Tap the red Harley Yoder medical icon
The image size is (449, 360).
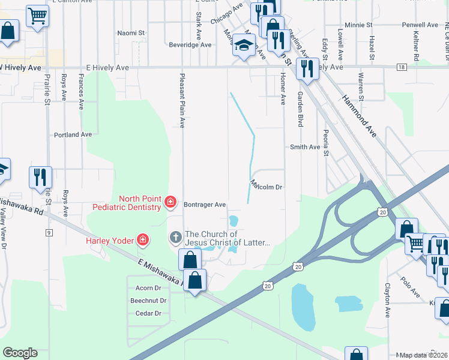[x=143, y=241]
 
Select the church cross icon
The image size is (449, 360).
[x=176, y=238]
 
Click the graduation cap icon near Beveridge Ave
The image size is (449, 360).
[x=244, y=46]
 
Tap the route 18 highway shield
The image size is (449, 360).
[x=401, y=68]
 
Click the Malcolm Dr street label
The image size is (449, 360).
[x=266, y=187]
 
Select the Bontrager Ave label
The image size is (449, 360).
[x=205, y=204]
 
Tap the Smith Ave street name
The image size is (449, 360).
[x=305, y=147]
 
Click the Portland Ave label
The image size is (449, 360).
[x=73, y=134]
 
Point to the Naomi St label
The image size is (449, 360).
[x=131, y=33]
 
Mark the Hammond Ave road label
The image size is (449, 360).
[x=359, y=116]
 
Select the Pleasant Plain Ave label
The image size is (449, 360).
[x=181, y=100]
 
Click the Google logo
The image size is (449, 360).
[x=20, y=353]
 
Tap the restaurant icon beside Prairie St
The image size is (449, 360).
[x=41, y=177]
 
